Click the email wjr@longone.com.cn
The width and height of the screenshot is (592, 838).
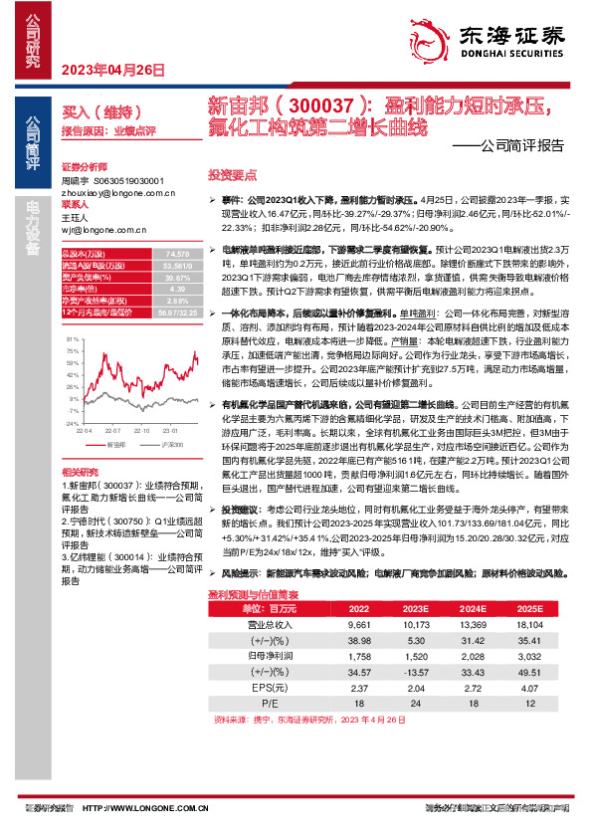(x=97, y=229)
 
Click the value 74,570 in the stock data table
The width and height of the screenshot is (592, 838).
(x=178, y=256)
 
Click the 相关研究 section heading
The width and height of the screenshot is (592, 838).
(x=80, y=471)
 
